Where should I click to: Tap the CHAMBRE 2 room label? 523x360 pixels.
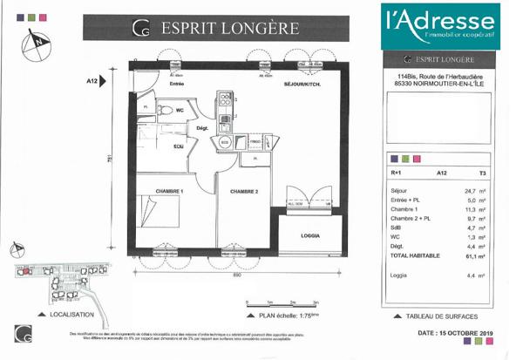pyautogui.click(x=246, y=190)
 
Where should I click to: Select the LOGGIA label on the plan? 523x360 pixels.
pyautogui.click(x=309, y=235)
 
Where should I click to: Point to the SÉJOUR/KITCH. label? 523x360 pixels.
pyautogui.click(x=304, y=84)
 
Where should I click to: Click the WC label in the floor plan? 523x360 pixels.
pyautogui.click(x=180, y=111)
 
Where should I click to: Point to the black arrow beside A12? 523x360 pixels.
pyautogui.click(x=105, y=81)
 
